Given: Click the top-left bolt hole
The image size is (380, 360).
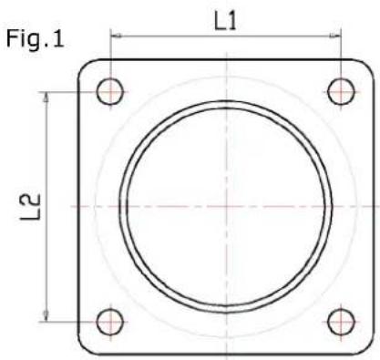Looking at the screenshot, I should pyautogui.click(x=111, y=91).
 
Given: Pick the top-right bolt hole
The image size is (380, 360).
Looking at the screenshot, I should pyautogui.click(x=341, y=91).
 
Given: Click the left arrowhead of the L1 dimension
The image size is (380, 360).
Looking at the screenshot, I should pyautogui.click(x=115, y=37).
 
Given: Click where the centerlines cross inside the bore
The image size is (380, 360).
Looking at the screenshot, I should pyautogui.click(x=226, y=207).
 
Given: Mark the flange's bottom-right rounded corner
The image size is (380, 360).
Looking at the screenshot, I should pyautogui.click(x=366, y=348).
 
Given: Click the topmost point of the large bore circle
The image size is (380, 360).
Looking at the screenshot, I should pyautogui.click(x=226, y=99).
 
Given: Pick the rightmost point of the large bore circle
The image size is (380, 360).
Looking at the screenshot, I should pyautogui.click(x=334, y=207).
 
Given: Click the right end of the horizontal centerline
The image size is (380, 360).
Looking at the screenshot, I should pyautogui.click(x=375, y=207).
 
